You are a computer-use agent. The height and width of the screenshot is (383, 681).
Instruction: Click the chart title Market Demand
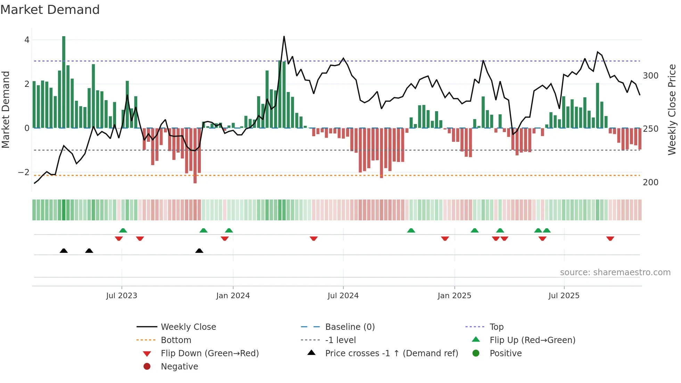pyautogui.click(x=50, y=10)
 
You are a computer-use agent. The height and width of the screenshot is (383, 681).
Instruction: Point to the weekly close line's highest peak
pyautogui.click(x=284, y=36)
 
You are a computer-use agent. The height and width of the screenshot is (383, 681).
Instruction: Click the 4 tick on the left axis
pyautogui.click(x=27, y=40)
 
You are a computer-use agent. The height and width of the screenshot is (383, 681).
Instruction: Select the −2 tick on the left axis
pyautogui.click(x=24, y=172)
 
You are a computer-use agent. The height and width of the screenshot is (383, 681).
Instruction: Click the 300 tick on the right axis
pyautogui.click(x=650, y=76)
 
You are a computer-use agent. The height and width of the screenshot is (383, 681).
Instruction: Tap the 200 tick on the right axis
pyautogui.click(x=650, y=182)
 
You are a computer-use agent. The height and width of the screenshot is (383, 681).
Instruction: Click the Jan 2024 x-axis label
pyautogui.click(x=233, y=296)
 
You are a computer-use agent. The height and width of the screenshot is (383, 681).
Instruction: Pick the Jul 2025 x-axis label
pyautogui.click(x=564, y=296)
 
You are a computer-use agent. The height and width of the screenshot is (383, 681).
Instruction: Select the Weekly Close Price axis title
pyautogui.click(x=672, y=109)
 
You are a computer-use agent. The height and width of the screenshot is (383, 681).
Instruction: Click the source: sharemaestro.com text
pyautogui.click(x=615, y=272)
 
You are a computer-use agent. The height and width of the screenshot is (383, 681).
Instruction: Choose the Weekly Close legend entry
pyautogui.click(x=188, y=327)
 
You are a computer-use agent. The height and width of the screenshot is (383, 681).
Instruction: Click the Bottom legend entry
pyautogui.click(x=176, y=340)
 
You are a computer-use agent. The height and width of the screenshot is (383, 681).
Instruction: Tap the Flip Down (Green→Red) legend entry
pyautogui.click(x=210, y=353)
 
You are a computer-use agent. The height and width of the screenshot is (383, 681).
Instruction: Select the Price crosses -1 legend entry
pyautogui.click(x=391, y=353)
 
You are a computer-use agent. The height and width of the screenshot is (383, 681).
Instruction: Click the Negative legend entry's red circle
pyautogui.click(x=147, y=367)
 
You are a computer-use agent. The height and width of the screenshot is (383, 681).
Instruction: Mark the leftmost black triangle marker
pyautogui.click(x=64, y=251)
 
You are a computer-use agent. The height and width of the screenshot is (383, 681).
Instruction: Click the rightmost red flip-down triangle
pyautogui.click(x=610, y=238)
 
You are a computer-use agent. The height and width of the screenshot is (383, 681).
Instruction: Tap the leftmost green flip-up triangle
pyautogui.click(x=123, y=230)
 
